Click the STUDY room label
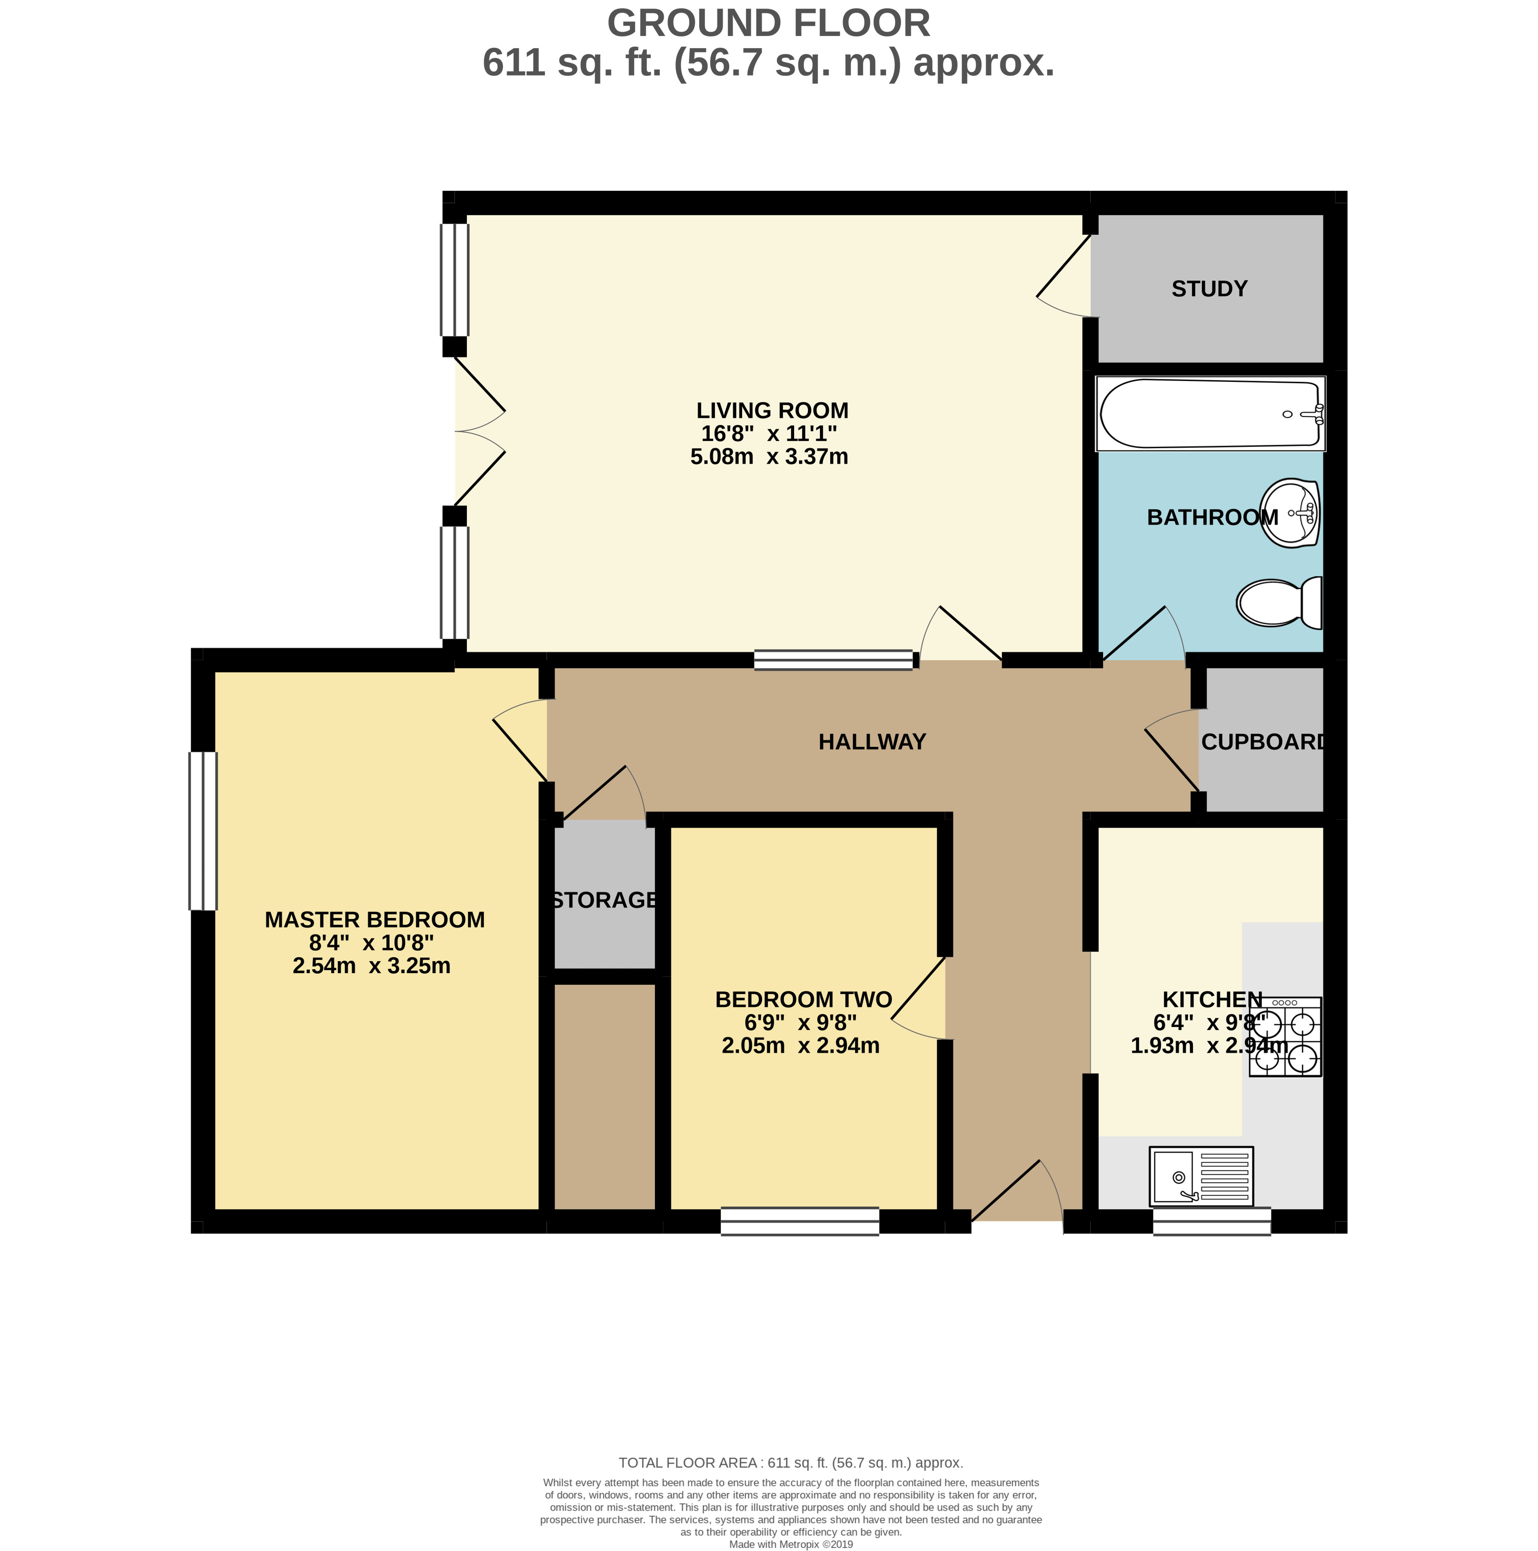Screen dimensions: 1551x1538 1209,289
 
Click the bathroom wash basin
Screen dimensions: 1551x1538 1292,513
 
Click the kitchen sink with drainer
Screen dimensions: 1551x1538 1201,1176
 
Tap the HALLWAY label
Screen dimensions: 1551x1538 872,742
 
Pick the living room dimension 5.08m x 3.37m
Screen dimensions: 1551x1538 769,457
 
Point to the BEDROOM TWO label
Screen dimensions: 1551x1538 803,1000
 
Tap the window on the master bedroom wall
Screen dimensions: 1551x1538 203,831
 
